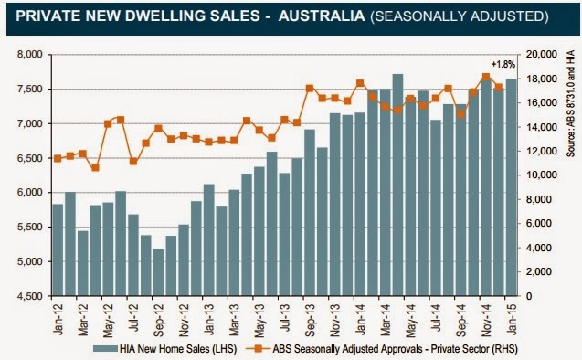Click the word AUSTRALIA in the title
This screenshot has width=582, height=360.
(322, 16)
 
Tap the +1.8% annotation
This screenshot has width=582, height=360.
(503, 64)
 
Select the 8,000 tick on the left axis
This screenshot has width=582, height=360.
(30, 55)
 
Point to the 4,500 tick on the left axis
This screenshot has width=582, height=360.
(30, 296)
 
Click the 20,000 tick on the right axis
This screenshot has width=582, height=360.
(542, 55)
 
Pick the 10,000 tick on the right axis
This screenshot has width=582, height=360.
(542, 175)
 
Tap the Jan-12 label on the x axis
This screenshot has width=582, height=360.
(58, 319)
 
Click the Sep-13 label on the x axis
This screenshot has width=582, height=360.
(310, 320)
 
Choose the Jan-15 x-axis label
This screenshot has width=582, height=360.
(512, 319)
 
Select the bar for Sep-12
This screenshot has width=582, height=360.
(158, 272)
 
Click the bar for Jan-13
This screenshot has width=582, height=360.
(209, 240)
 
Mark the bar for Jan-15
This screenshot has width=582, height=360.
(512, 187)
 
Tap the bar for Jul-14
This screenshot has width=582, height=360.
(436, 207)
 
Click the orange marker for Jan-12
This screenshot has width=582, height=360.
(58, 158)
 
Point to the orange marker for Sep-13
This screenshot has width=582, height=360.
(310, 89)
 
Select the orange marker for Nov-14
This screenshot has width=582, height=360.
(486, 77)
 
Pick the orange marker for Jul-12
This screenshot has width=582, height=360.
(133, 162)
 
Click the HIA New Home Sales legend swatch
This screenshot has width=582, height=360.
(105, 349)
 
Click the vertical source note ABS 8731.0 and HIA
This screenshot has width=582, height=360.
(570, 104)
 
